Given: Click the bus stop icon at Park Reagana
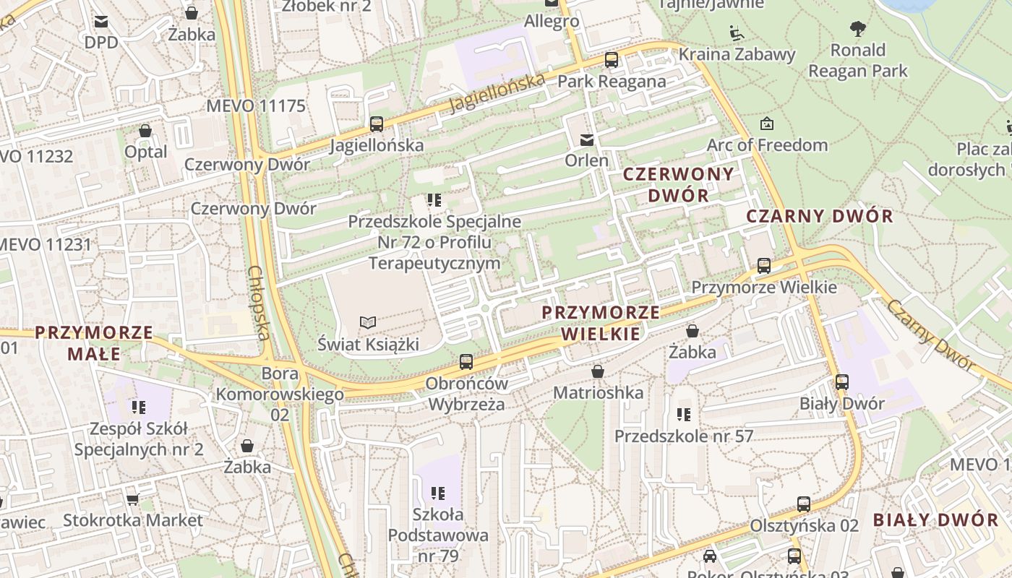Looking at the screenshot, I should click(612, 60).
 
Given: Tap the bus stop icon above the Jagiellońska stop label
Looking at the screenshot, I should click(377, 124).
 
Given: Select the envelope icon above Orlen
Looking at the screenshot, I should click(587, 139).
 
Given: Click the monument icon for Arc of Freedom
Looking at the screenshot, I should click(767, 124).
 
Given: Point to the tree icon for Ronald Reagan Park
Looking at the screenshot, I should click(858, 29).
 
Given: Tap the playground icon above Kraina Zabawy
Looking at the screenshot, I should click(737, 33).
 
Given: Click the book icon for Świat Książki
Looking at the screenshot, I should click(368, 322).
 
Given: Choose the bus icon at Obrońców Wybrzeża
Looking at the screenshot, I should click(466, 362).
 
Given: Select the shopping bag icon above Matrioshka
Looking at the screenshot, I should click(598, 371).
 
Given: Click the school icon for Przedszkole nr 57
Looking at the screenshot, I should click(683, 415).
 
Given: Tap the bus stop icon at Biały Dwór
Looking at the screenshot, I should click(842, 381).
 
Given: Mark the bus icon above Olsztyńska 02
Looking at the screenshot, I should click(804, 504).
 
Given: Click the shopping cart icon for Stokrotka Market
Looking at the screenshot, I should click(132, 499).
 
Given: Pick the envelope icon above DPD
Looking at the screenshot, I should click(101, 22).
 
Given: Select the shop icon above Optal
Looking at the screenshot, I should click(145, 131).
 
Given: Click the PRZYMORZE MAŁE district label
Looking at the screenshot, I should click(94, 343).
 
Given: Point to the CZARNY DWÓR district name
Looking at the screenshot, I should click(820, 216).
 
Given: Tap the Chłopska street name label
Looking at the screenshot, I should click(259, 303).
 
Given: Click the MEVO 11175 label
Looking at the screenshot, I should click(256, 106).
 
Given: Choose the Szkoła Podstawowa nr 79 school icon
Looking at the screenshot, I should click(438, 493).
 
